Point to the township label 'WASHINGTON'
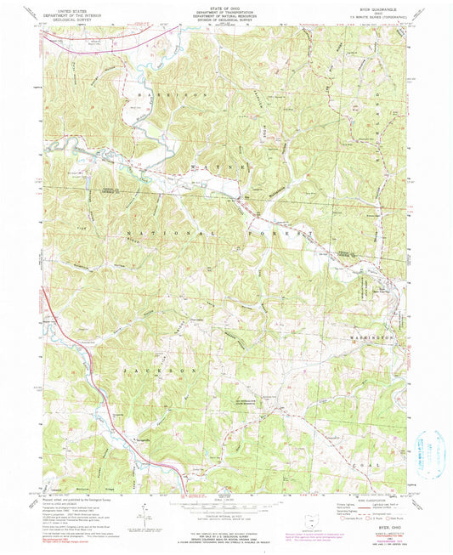coord(371,337)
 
